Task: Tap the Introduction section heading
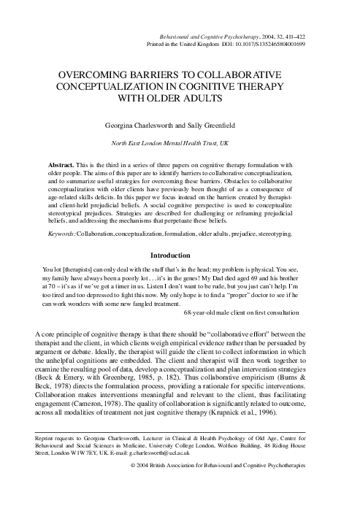[180, 256]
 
